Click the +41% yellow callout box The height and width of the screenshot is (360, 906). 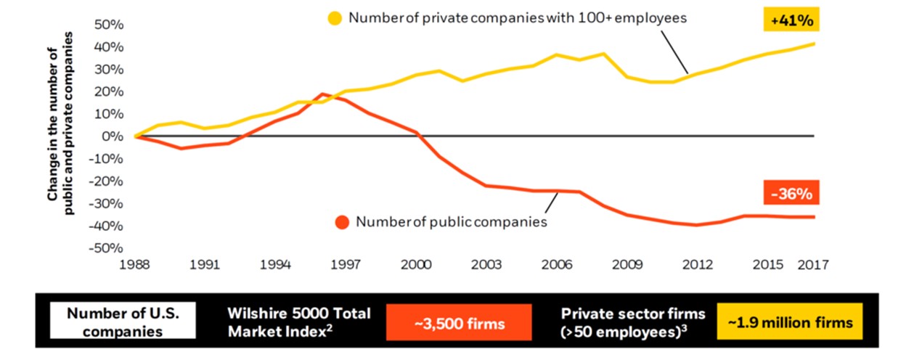pyautogui.click(x=791, y=21)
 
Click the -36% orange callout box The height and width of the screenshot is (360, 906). pyautogui.click(x=791, y=194)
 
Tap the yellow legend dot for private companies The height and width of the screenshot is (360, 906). pyautogui.click(x=335, y=19)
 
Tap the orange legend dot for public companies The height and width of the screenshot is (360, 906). pyautogui.click(x=342, y=222)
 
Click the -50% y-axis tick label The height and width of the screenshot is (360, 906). pyautogui.click(x=107, y=248)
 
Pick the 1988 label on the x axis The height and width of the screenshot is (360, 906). pyautogui.click(x=135, y=265)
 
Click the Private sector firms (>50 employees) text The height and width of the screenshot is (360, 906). pyautogui.click(x=633, y=322)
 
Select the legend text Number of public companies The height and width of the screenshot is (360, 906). pyautogui.click(x=451, y=222)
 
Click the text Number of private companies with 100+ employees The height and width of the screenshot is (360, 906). pyautogui.click(x=517, y=19)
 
